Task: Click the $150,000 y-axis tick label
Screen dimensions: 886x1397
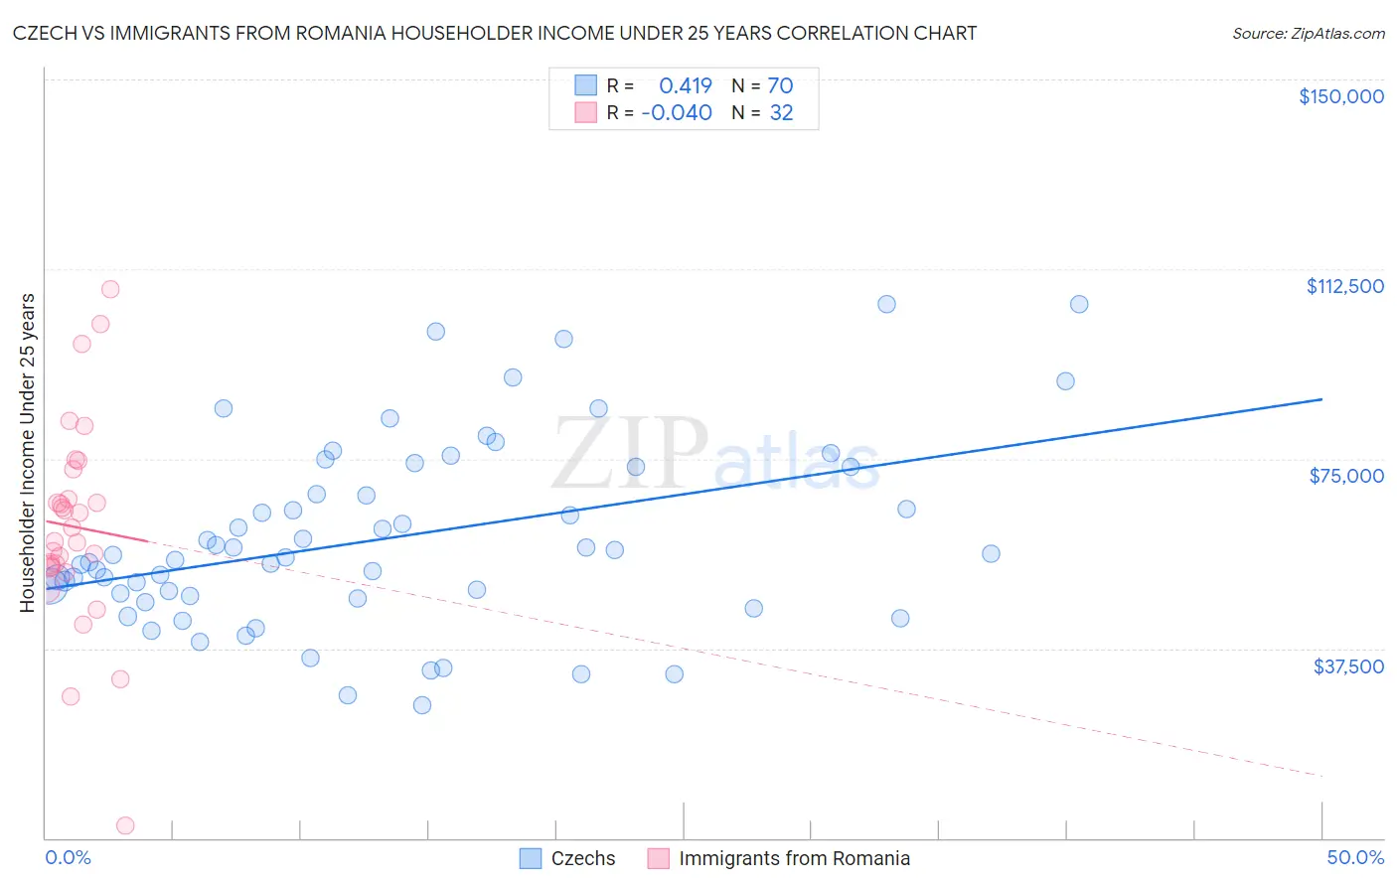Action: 1340,96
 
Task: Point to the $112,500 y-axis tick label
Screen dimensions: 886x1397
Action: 1344,286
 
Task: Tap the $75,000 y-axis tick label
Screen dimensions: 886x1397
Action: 1346,476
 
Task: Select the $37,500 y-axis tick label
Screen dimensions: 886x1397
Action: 1348,666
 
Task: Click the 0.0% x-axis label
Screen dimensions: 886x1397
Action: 68,858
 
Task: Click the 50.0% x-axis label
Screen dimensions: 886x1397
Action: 1354,858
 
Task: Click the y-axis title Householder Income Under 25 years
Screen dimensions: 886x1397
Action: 27,453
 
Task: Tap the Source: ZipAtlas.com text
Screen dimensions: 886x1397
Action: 1308,34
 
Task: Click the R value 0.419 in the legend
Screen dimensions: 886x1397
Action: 686,86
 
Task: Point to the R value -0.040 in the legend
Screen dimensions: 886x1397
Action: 677,113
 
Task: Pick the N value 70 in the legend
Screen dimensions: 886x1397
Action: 780,86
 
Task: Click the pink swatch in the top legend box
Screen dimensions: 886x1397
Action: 586,113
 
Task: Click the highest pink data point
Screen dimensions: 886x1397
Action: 110,289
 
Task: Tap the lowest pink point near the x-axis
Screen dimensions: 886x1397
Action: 125,825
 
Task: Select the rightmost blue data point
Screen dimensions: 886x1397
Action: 1079,304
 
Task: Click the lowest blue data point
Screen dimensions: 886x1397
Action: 422,705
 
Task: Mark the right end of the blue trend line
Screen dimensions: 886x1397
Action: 1321,399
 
